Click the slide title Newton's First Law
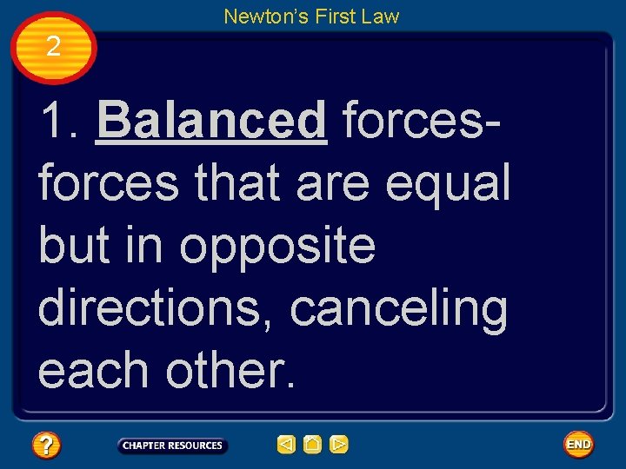[x=311, y=16]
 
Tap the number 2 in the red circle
[x=53, y=47]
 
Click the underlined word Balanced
[x=212, y=121]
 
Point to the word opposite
[x=278, y=247]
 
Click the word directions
[x=157, y=308]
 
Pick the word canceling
[x=399, y=308]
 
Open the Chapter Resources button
[x=172, y=446]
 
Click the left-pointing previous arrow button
[x=286, y=446]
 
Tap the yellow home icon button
[x=312, y=446]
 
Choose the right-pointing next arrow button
[x=339, y=446]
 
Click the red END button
[x=578, y=445]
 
